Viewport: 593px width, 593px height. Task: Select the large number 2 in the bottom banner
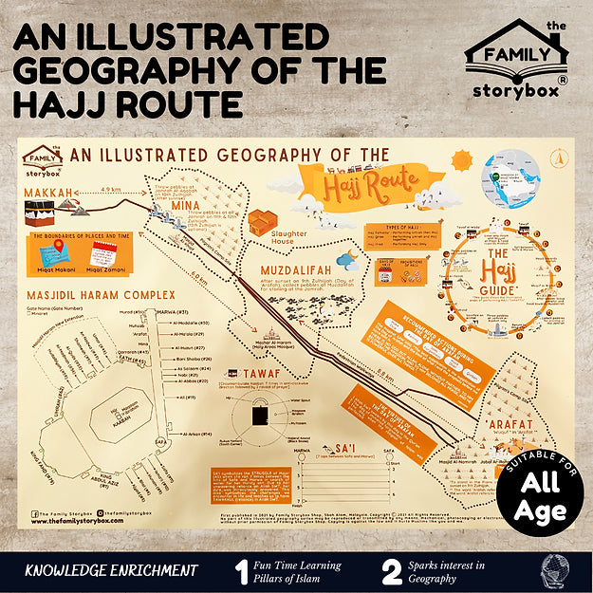point(393,571)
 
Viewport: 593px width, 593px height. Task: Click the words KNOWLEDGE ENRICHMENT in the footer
point(112,571)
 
